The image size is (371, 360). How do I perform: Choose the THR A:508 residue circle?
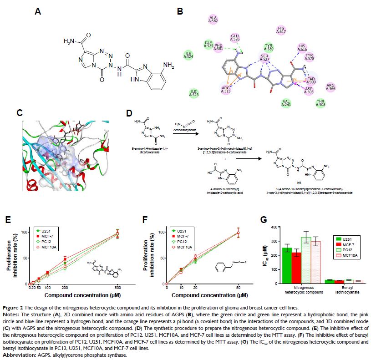click(320, 102)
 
